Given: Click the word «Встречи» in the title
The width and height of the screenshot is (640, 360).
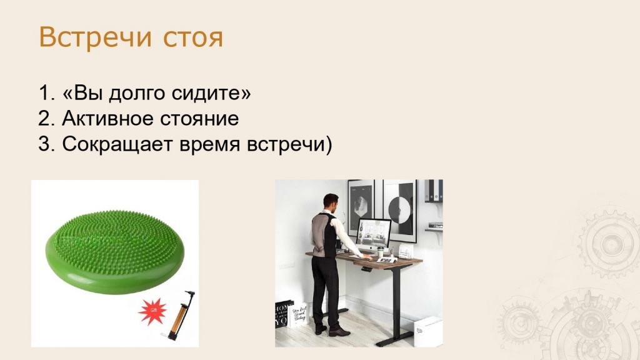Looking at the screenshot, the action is (x=96, y=37).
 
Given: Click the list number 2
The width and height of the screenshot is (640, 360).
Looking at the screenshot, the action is (x=46, y=119).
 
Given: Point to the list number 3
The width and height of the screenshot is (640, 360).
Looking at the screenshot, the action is (x=46, y=144).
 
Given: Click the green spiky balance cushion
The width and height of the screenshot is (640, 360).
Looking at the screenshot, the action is (x=115, y=252).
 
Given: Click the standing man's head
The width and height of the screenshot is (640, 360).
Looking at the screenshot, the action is (x=331, y=202).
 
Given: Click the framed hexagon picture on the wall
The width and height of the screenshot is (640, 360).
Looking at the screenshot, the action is (x=362, y=207).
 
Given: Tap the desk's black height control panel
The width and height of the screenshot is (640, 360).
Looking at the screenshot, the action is (x=366, y=269).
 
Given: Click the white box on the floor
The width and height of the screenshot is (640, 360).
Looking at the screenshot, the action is (x=428, y=331).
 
